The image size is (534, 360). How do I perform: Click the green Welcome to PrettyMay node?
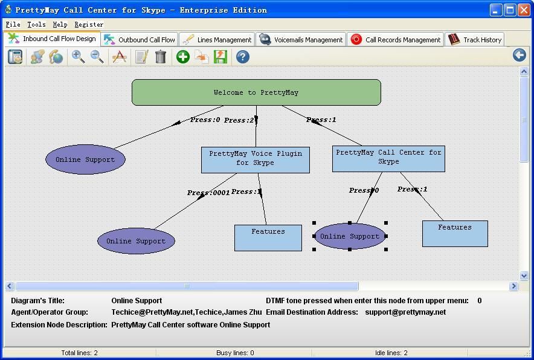[256, 92]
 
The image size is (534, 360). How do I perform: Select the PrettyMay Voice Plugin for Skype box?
[255, 159]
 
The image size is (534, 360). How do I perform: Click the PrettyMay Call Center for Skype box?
[388, 158]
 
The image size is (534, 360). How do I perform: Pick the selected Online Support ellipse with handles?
[350, 236]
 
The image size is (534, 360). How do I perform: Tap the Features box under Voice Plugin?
[268, 237]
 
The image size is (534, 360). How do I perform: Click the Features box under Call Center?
[454, 233]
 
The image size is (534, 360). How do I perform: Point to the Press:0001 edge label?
[208, 193]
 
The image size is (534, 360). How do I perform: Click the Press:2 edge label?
[239, 120]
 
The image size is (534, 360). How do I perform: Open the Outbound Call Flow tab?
[140, 40]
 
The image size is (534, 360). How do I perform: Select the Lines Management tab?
[217, 40]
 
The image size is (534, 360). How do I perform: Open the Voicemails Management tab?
[301, 40]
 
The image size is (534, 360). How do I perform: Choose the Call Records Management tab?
[396, 40]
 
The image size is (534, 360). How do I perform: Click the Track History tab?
[475, 40]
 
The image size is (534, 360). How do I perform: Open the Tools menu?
[36, 25]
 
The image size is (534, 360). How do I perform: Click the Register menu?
[89, 25]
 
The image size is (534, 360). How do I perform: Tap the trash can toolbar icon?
[161, 57]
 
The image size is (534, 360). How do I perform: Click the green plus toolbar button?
[182, 57]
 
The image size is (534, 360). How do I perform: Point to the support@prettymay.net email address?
[405, 312]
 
